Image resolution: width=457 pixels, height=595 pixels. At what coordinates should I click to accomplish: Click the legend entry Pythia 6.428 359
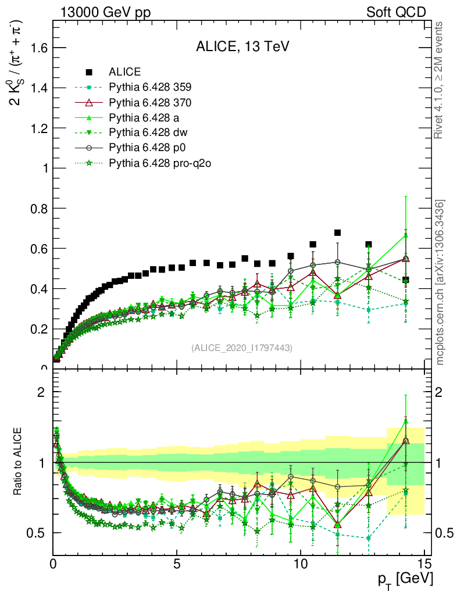[x=150, y=88]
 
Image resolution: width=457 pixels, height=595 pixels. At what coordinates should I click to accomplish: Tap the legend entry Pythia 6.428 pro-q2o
[x=159, y=163]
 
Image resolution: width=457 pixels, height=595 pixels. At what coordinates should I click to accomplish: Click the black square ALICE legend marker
[x=90, y=72]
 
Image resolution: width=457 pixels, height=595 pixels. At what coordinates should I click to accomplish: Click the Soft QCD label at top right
[x=396, y=12]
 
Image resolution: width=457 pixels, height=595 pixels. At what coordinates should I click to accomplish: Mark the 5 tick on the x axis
[x=177, y=564]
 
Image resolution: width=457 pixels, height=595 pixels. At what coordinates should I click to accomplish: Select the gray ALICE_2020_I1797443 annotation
[x=242, y=347]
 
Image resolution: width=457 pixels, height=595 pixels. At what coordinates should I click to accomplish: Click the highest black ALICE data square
[x=337, y=233]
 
